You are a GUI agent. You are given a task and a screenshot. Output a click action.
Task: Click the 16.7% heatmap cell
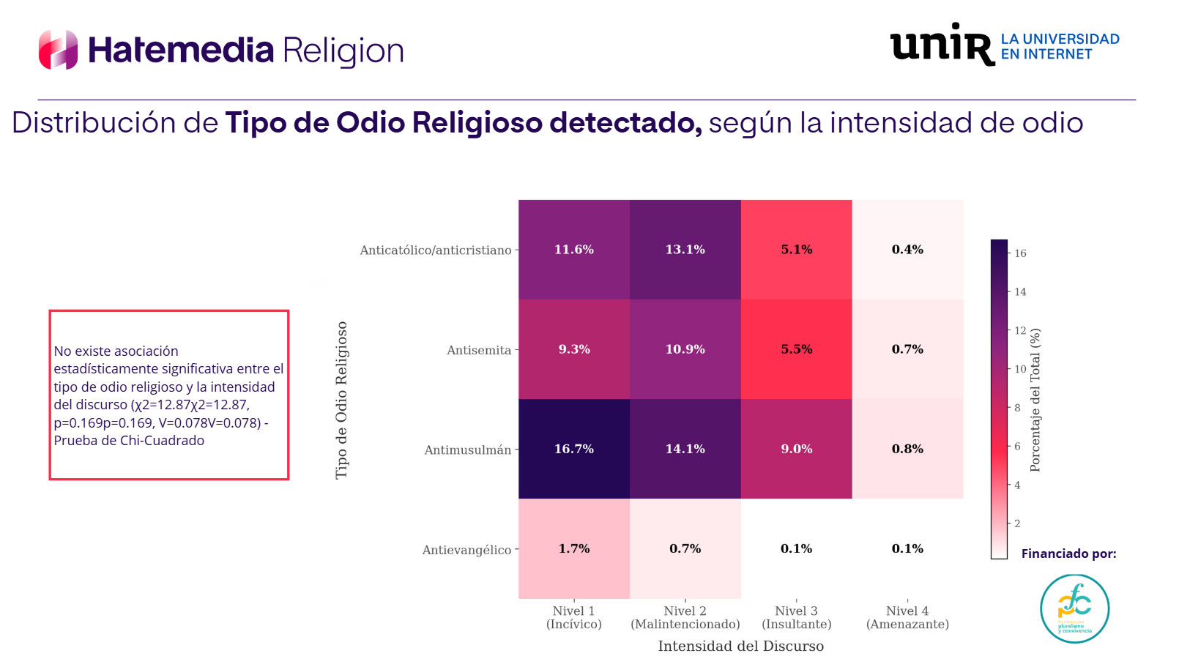574,449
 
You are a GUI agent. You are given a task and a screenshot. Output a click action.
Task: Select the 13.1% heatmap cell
685,250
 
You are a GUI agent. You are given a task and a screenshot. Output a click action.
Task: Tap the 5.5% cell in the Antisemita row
797,349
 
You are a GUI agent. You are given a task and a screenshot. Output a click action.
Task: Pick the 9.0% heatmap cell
797,449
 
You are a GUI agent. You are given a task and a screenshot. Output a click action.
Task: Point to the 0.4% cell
907,250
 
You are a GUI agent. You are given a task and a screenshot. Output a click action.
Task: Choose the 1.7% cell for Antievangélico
574,548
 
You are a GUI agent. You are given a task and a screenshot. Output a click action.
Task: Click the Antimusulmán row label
468,450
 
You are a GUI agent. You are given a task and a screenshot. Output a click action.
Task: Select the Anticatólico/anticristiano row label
436,250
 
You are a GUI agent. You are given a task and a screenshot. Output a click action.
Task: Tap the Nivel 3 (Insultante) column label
797,617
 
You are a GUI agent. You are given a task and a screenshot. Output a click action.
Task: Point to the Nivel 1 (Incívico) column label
574,617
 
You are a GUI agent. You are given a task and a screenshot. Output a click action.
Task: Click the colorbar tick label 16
1020,253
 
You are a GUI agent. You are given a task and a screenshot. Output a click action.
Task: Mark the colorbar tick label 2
1017,523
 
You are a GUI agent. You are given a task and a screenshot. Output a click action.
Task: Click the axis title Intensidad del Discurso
740,646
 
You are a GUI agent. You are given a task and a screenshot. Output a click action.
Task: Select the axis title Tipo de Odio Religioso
341,400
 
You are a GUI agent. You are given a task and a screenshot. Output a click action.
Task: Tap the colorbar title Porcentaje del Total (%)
1035,400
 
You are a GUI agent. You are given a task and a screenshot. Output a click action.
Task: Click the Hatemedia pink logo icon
59,50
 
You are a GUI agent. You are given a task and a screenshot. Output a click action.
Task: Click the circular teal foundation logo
1074,608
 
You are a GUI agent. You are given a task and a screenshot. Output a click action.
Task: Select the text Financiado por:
1068,553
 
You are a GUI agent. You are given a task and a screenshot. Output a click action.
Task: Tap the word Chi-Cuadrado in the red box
166,441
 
